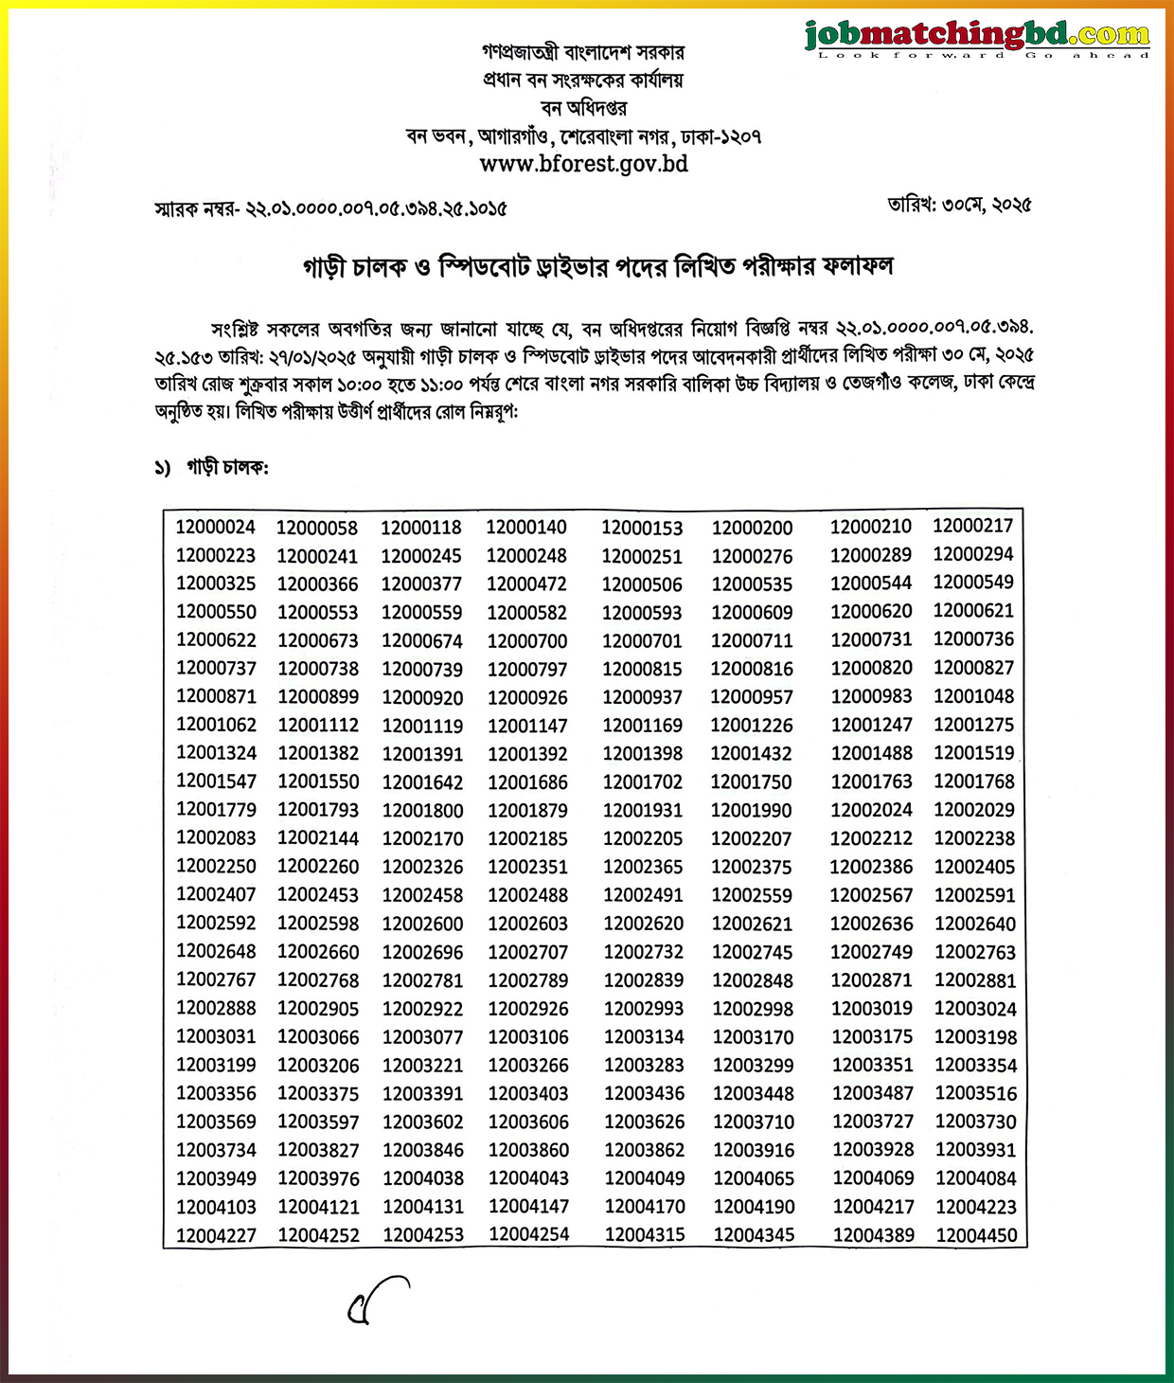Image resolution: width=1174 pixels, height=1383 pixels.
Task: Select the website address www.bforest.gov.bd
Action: click(x=583, y=164)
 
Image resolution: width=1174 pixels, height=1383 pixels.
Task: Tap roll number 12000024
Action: click(x=216, y=528)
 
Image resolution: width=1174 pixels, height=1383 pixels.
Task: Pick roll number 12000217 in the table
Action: click(x=973, y=526)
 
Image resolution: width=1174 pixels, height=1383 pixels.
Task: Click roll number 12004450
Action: click(x=976, y=1235)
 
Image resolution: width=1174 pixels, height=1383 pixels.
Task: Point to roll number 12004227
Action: click(x=216, y=1235)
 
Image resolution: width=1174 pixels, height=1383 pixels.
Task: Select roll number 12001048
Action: click(x=974, y=696)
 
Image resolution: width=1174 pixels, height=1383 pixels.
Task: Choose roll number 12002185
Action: click(x=528, y=838)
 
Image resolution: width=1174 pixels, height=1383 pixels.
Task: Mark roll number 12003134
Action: click(x=644, y=1037)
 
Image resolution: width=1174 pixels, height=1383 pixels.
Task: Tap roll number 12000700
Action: click(x=527, y=641)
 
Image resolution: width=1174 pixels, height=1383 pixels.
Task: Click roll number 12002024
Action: click(x=872, y=810)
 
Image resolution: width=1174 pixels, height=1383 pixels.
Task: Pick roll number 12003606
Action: click(x=528, y=1122)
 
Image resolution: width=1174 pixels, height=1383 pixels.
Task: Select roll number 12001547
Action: click(x=216, y=781)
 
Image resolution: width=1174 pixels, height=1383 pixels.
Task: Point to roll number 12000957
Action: click(x=753, y=697)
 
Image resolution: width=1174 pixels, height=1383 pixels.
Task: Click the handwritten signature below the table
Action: click(x=378, y=1302)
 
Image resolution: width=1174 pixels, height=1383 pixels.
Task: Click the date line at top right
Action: click(x=959, y=205)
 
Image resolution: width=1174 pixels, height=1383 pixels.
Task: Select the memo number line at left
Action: click(x=330, y=209)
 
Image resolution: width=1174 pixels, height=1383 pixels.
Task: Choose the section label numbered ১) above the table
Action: click(x=212, y=468)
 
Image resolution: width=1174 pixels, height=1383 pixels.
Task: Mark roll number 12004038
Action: click(x=423, y=1178)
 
